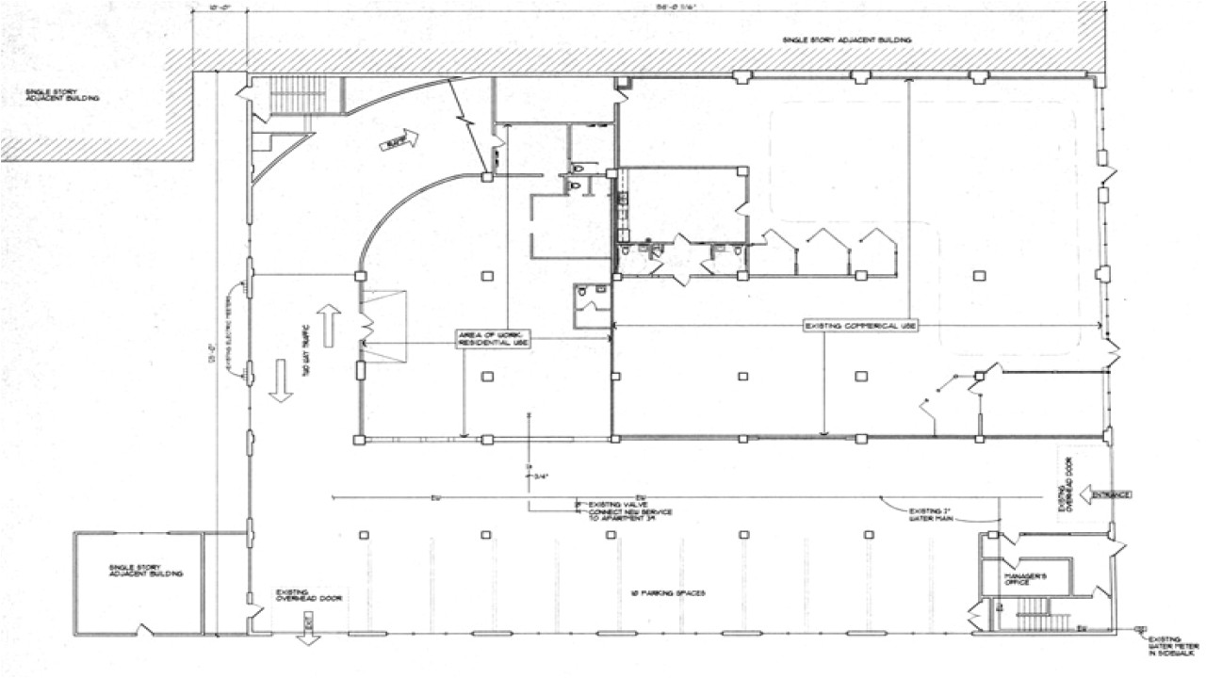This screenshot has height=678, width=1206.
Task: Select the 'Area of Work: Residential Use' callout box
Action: click(x=493, y=339)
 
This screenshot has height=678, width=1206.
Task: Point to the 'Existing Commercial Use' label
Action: click(x=860, y=326)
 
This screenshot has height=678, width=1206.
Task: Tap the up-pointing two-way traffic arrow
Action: click(x=328, y=326)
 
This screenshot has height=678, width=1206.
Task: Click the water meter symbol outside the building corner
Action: click(x=1141, y=628)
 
